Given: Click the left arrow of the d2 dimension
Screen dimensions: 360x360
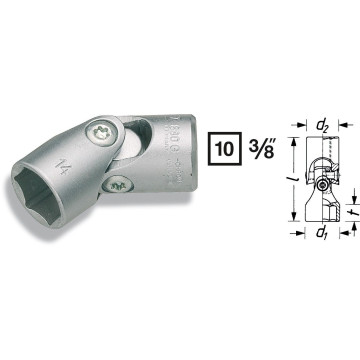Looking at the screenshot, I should tap(304, 127).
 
